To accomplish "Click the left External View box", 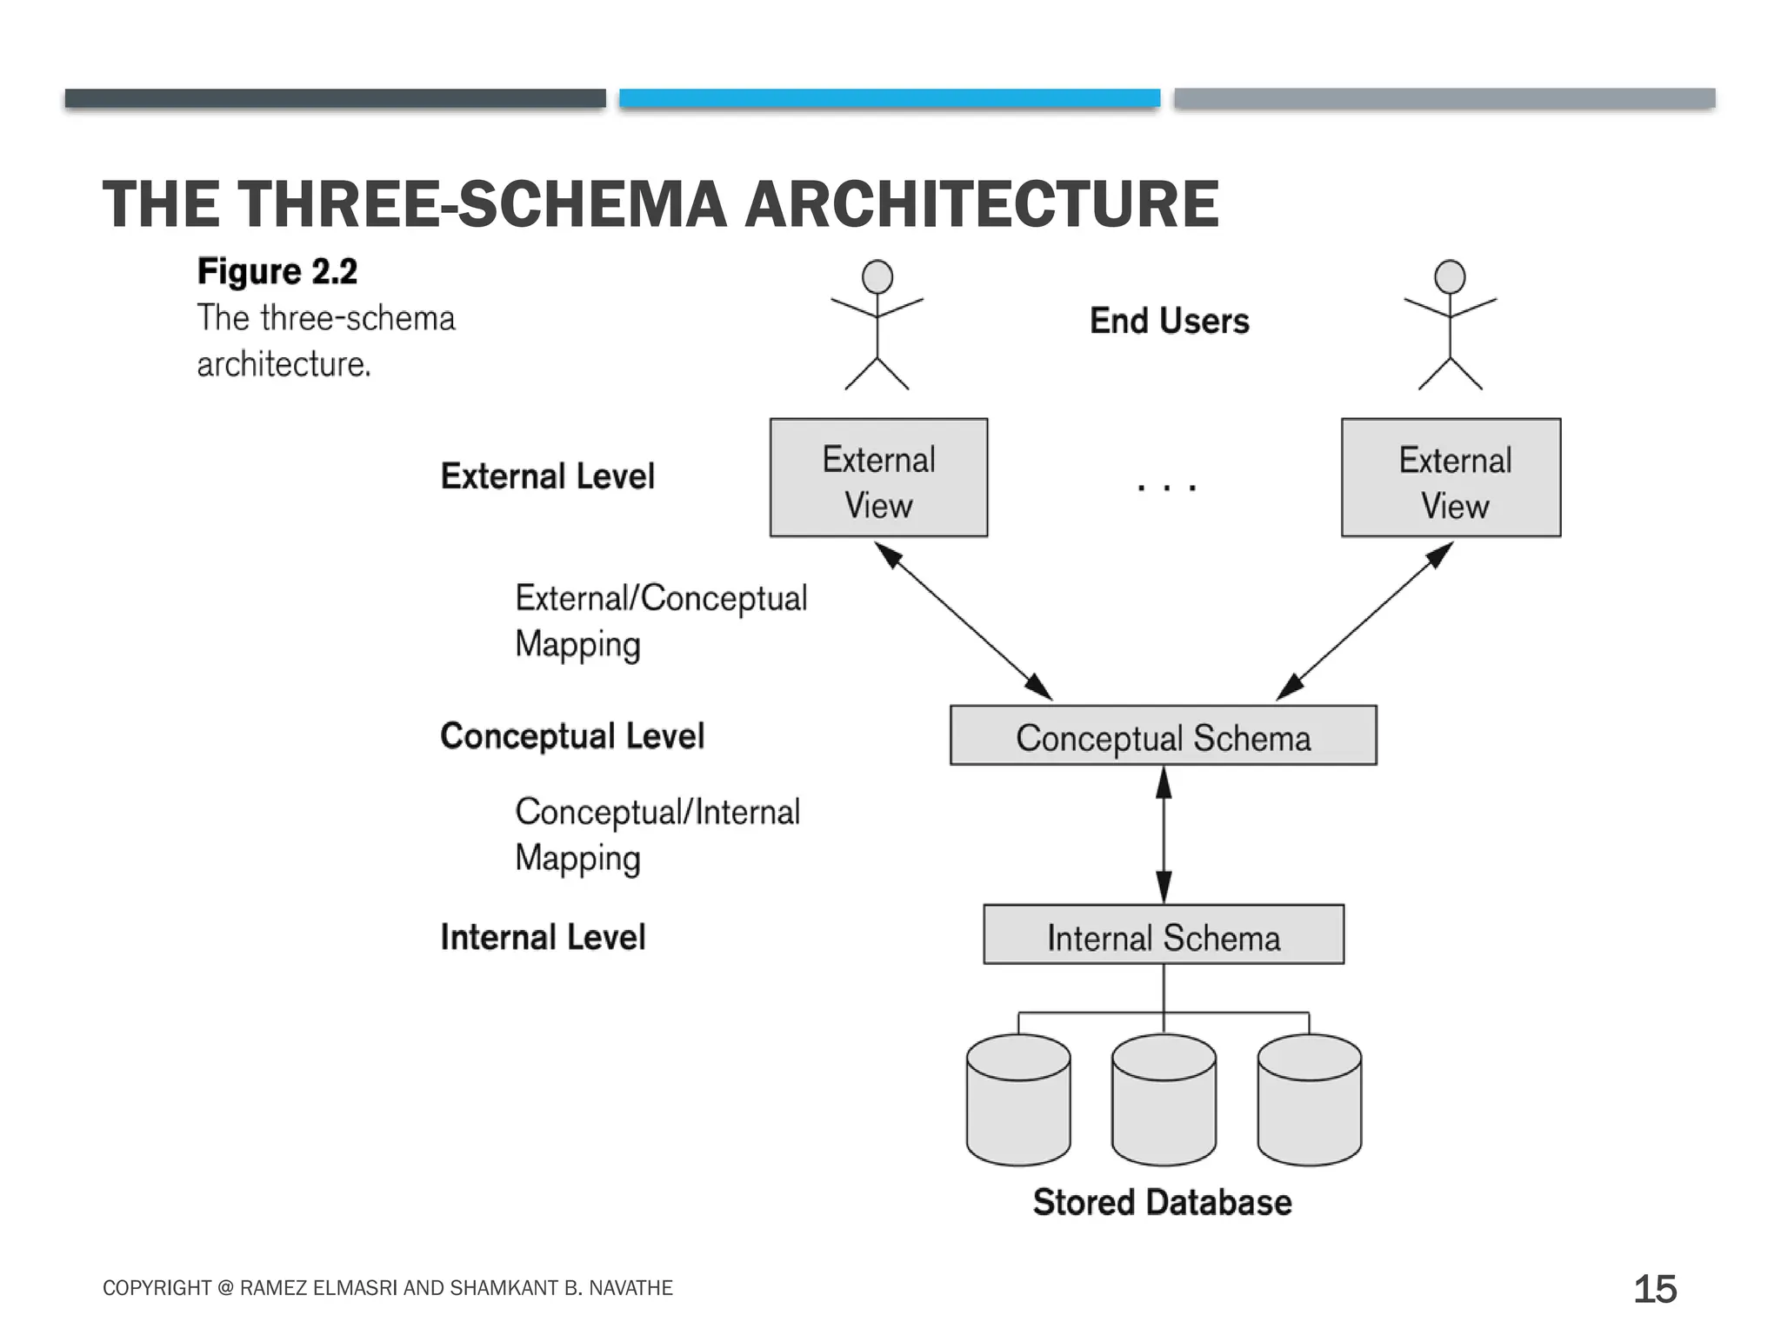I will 878,477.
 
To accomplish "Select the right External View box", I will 1451,477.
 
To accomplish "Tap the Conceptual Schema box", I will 1163,735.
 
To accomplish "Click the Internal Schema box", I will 1163,934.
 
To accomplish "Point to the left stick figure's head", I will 877,277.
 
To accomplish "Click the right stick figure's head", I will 1450,277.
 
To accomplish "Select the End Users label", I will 1169,321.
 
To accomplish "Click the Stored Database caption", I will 1162,1203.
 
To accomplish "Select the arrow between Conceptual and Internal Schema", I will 1164,834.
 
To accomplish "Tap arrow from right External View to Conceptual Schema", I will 1365,621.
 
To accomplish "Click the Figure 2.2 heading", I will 277,271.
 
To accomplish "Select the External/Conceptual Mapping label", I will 660,621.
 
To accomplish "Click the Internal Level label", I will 543,937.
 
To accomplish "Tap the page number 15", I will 1654,1289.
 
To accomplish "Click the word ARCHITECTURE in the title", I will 981,205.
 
